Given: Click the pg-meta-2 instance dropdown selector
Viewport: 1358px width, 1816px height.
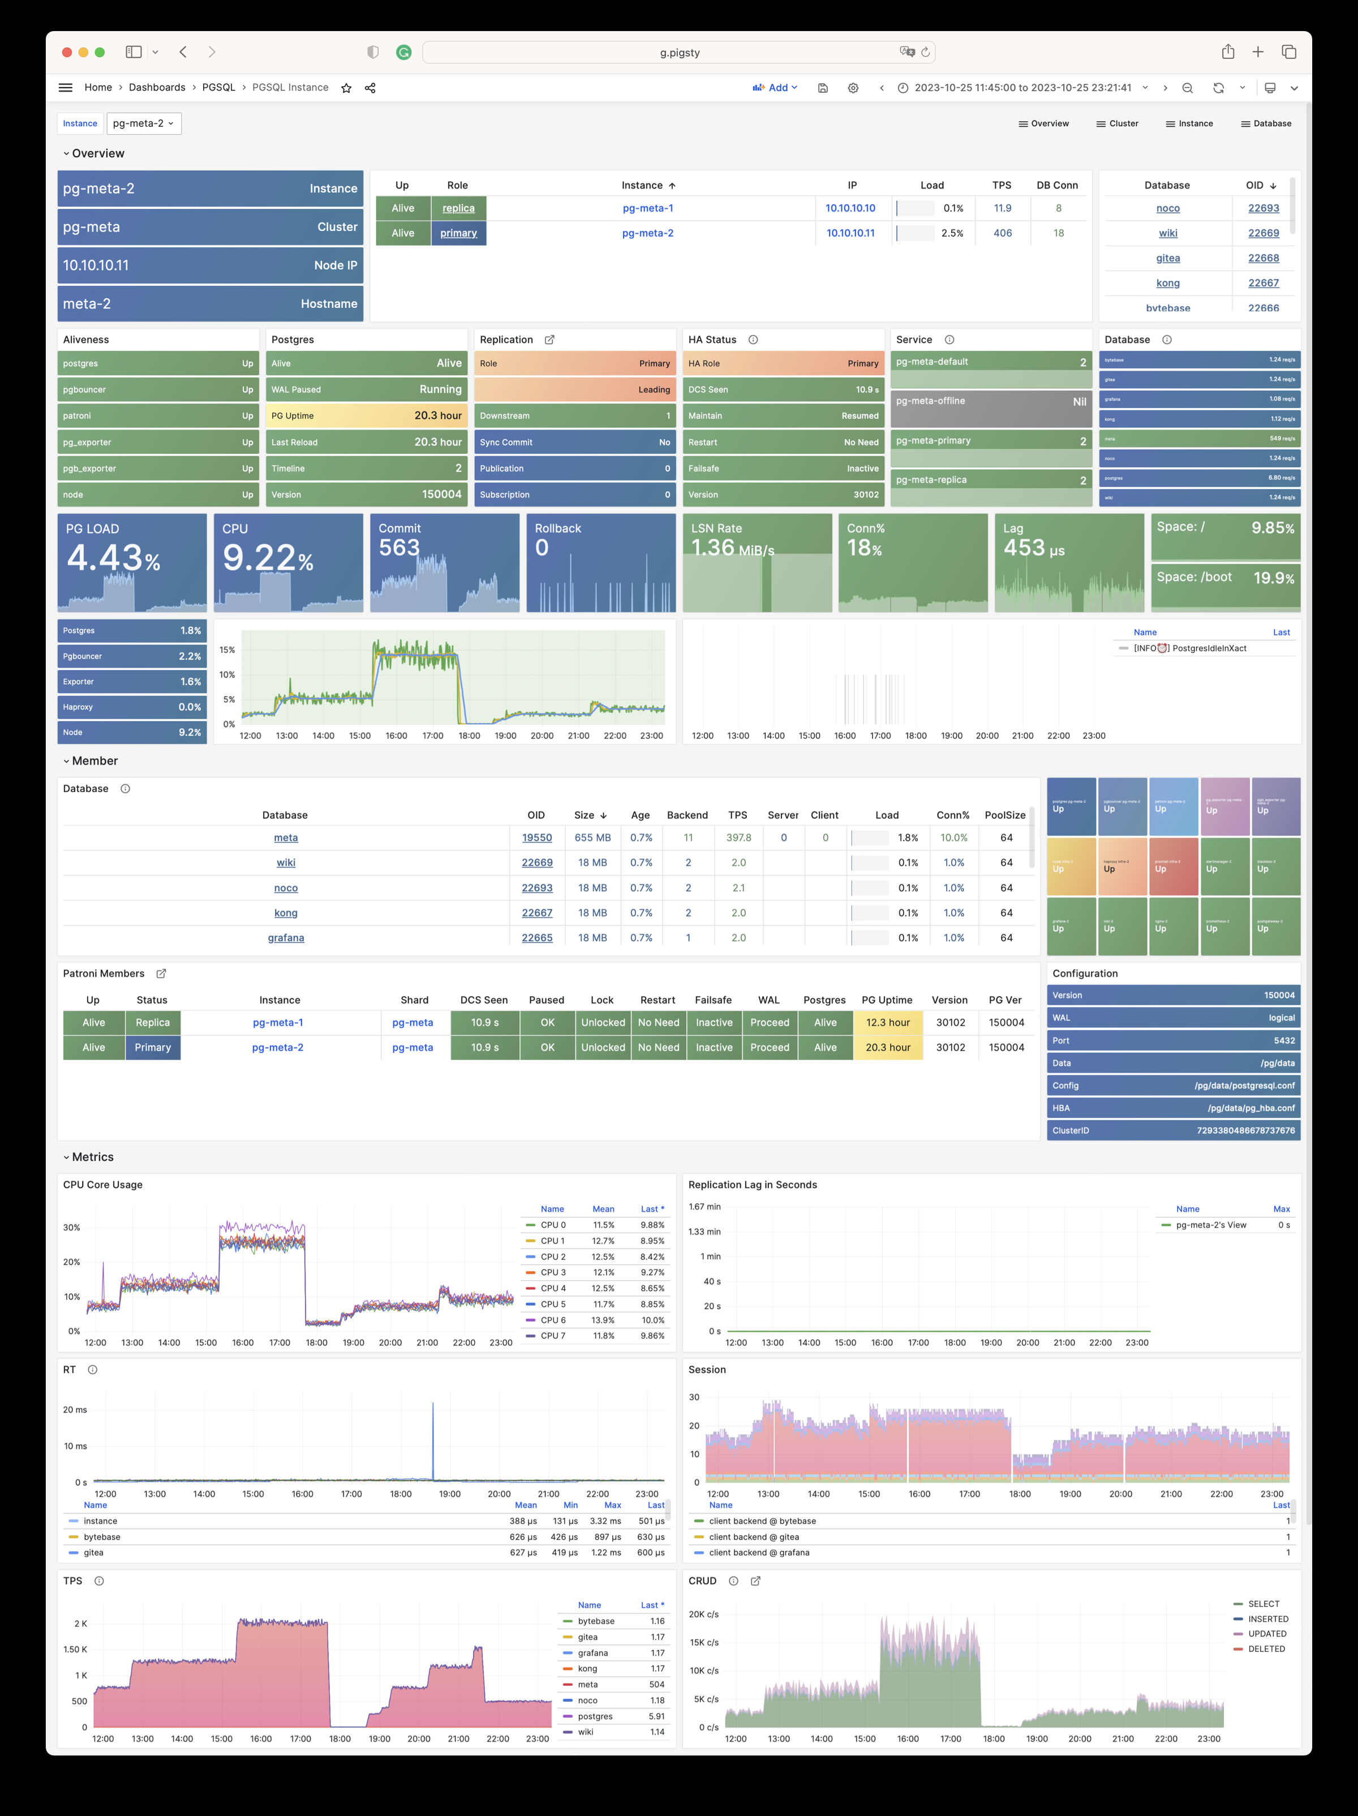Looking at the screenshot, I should point(143,123).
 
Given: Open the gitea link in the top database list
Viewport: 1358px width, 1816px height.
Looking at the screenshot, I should point(1167,258).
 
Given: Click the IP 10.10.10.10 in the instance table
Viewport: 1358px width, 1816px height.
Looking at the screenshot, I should point(850,208).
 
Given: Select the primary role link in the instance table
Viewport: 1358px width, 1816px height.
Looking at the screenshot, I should point(458,233).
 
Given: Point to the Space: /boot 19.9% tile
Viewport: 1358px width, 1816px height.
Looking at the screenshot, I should point(1225,577).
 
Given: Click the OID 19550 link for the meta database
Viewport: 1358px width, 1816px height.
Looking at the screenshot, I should point(537,838).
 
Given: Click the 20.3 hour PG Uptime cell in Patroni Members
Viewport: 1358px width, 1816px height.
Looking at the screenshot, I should point(888,1047).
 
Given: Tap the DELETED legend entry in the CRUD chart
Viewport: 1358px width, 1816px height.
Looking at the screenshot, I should point(1266,1648).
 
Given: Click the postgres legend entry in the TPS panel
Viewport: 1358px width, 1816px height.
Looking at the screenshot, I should point(595,1716).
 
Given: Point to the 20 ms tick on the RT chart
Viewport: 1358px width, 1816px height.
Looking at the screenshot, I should point(75,1410).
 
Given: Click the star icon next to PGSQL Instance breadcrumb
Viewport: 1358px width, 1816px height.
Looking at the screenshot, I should point(346,88).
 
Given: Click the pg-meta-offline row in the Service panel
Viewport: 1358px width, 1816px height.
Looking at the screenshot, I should point(991,401).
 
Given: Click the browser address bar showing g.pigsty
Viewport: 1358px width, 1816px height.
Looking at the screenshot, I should point(678,53).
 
